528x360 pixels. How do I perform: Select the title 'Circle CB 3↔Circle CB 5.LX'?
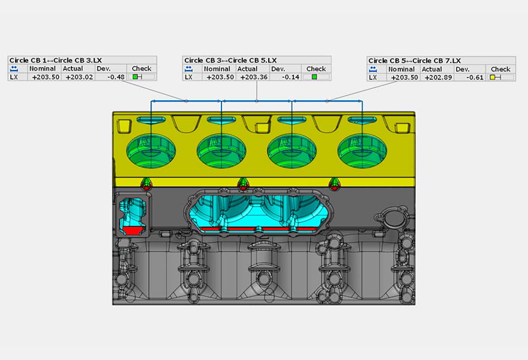pyautogui.click(x=230, y=61)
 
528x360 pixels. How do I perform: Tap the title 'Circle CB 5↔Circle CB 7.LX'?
pyautogui.click(x=415, y=61)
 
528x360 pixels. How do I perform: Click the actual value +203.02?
pyautogui.click(x=79, y=77)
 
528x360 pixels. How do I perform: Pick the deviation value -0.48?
pyautogui.click(x=115, y=77)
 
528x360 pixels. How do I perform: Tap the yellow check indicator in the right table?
pyautogui.click(x=493, y=77)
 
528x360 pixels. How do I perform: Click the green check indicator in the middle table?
pyautogui.click(x=314, y=77)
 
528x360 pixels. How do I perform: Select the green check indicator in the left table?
pyautogui.click(x=136, y=77)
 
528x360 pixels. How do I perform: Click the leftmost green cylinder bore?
pyautogui.click(x=151, y=150)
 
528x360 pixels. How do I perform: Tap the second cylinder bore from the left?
pyautogui.click(x=221, y=150)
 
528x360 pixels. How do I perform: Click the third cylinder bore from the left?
pyautogui.click(x=292, y=150)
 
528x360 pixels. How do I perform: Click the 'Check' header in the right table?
pyautogui.click(x=500, y=69)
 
